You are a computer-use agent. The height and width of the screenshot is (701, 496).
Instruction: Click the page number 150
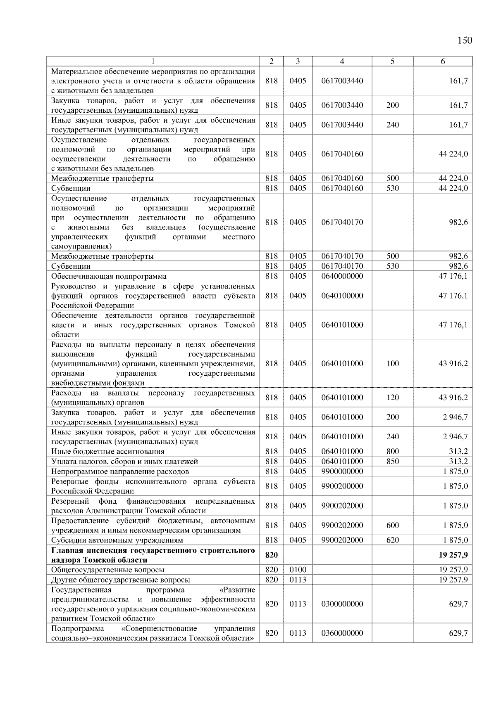tap(465, 40)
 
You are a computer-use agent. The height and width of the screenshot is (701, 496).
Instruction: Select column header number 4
tap(342, 61)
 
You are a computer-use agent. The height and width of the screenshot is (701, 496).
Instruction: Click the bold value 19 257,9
tap(453, 555)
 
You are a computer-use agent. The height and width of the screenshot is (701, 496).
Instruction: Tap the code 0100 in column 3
tap(298, 570)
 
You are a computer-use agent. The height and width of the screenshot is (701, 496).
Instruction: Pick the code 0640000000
tap(342, 276)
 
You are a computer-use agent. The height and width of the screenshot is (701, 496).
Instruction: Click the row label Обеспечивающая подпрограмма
tap(109, 276)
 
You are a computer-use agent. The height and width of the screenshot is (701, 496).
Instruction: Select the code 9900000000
tap(342, 471)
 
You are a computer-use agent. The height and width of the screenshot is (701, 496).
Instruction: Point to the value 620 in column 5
tap(392, 540)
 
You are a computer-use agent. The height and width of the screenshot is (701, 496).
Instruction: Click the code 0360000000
tap(342, 633)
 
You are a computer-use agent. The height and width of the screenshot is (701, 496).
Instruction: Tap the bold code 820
tap(272, 555)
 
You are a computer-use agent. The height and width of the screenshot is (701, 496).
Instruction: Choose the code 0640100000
tap(342, 296)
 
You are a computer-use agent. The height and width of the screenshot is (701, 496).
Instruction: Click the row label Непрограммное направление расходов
tap(120, 471)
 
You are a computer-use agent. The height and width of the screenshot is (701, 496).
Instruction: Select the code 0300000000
tap(342, 604)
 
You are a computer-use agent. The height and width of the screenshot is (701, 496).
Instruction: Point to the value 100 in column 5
tap(392, 363)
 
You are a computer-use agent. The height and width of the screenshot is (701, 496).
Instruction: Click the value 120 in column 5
tap(392, 397)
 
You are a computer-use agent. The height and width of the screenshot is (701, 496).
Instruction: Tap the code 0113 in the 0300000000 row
tap(298, 604)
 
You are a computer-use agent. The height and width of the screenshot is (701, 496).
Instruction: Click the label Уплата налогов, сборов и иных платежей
tap(124, 462)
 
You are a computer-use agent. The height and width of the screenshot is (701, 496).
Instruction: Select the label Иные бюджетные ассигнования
tap(107, 452)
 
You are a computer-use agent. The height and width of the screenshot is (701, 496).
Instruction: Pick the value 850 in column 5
tap(392, 461)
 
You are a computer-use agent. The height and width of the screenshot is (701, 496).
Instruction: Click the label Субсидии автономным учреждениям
tap(117, 540)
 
